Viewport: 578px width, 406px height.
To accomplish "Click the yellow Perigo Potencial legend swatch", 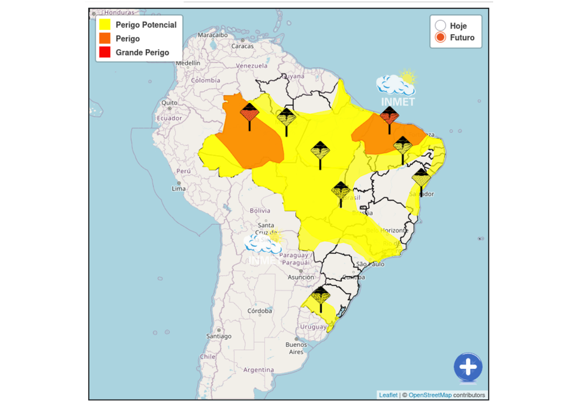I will coord(105,25).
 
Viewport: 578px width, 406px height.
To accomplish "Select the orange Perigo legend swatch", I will coord(105,38).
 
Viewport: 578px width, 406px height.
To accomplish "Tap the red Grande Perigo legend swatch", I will coord(105,52).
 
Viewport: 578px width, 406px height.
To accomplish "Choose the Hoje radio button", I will coord(441,26).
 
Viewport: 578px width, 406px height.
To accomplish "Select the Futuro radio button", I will coord(441,38).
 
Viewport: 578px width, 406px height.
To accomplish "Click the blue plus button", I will coord(468,366).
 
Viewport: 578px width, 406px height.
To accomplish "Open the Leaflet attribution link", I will coord(388,395).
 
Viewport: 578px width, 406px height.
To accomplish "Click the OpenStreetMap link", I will coord(430,395).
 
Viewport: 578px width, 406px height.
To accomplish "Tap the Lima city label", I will coord(179,189).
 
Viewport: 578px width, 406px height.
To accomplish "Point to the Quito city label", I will coord(169,102).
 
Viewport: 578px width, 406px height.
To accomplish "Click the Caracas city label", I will coord(243,46).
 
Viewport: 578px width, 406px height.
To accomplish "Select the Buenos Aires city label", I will coord(296,348).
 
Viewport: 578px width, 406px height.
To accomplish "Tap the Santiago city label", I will coord(219,336).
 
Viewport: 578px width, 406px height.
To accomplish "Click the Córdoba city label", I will coord(260,311).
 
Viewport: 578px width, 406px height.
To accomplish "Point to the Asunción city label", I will coord(300,277).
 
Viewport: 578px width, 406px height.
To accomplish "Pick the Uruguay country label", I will coord(313,326).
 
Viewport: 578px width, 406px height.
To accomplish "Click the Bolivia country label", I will coord(260,211).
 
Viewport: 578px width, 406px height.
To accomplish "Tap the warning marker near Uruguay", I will coord(321,296).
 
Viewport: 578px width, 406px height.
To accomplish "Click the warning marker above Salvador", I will coord(422,178).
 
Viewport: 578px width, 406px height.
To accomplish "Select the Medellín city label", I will coord(188,63).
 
